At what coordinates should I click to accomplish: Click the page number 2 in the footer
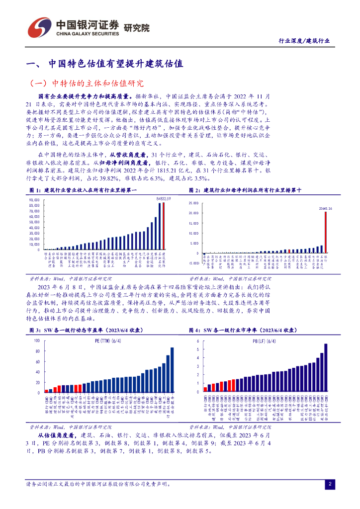(x=329, y=484)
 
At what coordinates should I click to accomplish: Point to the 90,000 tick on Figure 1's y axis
(x=34, y=200)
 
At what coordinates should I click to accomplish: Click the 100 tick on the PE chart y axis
(x=36, y=341)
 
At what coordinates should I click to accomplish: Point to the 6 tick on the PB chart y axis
(x=198, y=341)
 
